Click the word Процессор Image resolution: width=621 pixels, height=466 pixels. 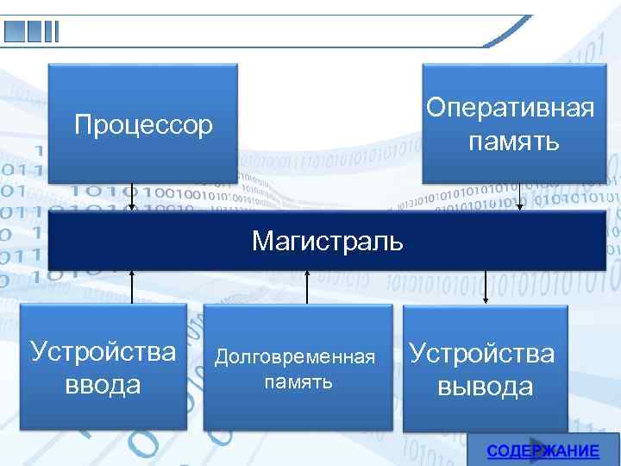(143, 125)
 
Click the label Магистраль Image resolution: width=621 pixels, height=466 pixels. (327, 240)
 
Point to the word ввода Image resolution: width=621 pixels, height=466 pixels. (103, 383)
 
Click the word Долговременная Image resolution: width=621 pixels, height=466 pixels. (296, 356)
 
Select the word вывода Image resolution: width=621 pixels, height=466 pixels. (485, 385)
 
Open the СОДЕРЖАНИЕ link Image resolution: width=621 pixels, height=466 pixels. (543, 451)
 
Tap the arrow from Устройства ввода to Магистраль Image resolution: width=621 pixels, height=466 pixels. (132, 286)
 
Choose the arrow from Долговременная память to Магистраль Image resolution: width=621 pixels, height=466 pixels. (309, 286)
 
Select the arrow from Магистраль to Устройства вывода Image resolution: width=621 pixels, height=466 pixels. (486, 286)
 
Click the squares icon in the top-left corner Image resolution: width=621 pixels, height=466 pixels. (31, 31)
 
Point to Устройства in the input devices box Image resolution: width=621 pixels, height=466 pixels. (103, 352)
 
